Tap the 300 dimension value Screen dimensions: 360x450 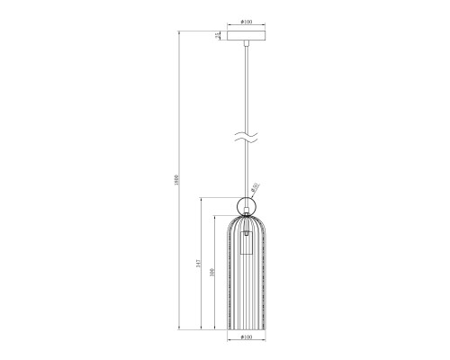(x=211, y=275)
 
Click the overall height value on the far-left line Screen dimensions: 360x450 (x=181, y=180)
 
